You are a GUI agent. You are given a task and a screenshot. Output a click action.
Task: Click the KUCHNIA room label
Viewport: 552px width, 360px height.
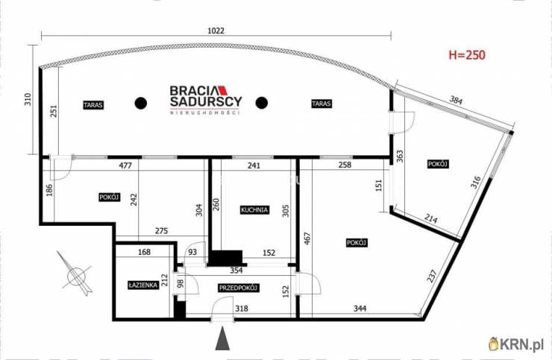[x=254, y=210]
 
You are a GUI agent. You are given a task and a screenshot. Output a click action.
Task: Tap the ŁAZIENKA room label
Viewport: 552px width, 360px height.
[x=143, y=285]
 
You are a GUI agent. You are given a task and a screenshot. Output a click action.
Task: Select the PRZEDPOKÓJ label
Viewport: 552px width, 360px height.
[x=239, y=288]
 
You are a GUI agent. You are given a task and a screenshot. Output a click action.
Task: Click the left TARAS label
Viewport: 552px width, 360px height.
[x=93, y=105]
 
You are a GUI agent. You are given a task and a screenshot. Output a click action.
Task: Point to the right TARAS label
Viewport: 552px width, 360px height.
[x=321, y=104]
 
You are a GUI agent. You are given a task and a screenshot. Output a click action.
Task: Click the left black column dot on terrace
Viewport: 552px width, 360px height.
[x=141, y=103]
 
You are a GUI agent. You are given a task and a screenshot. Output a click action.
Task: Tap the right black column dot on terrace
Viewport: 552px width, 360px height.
[x=262, y=103]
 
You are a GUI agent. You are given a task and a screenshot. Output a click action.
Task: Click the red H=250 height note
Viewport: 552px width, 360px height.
[x=467, y=55]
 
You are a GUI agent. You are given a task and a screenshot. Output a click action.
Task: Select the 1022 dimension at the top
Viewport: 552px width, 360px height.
[x=216, y=31]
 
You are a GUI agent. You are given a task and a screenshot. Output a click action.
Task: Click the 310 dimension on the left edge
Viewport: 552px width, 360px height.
[x=28, y=99]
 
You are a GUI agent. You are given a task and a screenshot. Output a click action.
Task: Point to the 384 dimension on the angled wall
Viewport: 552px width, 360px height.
[x=456, y=101]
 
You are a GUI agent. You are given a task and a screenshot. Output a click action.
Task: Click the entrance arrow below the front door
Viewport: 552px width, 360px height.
[x=222, y=338]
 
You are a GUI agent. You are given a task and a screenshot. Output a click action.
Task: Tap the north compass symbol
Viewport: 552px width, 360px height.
[x=77, y=274]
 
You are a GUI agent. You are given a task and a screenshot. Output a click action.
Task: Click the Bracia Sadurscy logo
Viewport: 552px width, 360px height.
[x=206, y=100]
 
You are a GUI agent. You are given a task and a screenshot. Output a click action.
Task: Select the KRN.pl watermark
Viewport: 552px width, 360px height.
[x=516, y=344]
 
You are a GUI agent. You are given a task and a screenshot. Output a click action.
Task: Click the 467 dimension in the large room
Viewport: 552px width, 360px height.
[x=307, y=239]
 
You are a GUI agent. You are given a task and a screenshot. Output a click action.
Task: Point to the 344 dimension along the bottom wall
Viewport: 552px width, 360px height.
[x=360, y=309]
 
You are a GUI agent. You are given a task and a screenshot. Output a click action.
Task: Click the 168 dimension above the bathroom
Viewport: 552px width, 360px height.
[x=144, y=252]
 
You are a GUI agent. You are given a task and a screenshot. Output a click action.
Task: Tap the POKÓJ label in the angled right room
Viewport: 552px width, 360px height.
[x=438, y=164]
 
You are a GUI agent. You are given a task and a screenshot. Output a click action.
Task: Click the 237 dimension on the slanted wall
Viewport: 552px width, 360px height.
[x=432, y=276]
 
